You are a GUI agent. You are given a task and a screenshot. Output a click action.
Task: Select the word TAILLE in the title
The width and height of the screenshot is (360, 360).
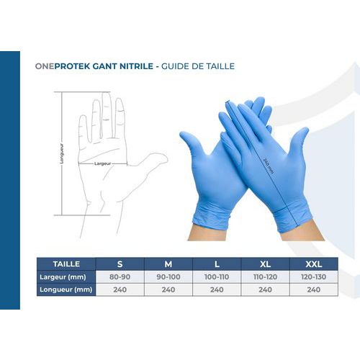pos(220,66)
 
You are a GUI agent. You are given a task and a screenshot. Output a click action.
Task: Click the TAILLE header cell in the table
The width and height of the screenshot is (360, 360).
pos(66,264)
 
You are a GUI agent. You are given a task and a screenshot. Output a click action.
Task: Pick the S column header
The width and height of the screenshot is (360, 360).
pos(120,264)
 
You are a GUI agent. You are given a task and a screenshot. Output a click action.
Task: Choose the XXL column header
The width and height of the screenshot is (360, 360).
pos(314,264)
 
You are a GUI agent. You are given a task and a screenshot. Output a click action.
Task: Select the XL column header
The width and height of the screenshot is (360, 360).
pos(265,264)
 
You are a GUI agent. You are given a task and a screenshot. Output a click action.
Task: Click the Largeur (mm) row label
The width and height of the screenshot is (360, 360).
pos(63,277)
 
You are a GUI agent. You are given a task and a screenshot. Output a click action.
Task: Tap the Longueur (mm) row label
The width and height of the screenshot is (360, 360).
pos(66,289)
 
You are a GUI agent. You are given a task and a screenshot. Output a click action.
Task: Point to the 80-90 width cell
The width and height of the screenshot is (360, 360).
pos(120,276)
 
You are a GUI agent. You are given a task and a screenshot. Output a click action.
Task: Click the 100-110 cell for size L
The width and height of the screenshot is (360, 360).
pos(217,276)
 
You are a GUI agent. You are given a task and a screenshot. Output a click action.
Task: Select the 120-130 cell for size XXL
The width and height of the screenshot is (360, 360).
pos(314,276)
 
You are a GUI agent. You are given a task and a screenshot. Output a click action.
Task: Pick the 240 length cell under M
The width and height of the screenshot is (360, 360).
pos(168,289)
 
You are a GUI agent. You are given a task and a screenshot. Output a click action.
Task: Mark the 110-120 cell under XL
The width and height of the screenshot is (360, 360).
pos(265,276)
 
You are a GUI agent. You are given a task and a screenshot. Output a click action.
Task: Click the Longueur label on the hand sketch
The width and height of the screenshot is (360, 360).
pos(62,153)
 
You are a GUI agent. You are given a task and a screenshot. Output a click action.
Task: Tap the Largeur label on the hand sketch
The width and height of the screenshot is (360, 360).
pos(102,163)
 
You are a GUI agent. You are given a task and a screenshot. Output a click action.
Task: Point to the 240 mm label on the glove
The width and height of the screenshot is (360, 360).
pos(269,166)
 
